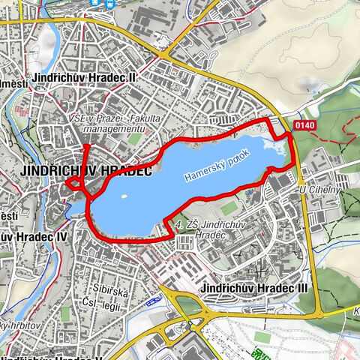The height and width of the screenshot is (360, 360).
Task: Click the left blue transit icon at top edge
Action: pos(95,3)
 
